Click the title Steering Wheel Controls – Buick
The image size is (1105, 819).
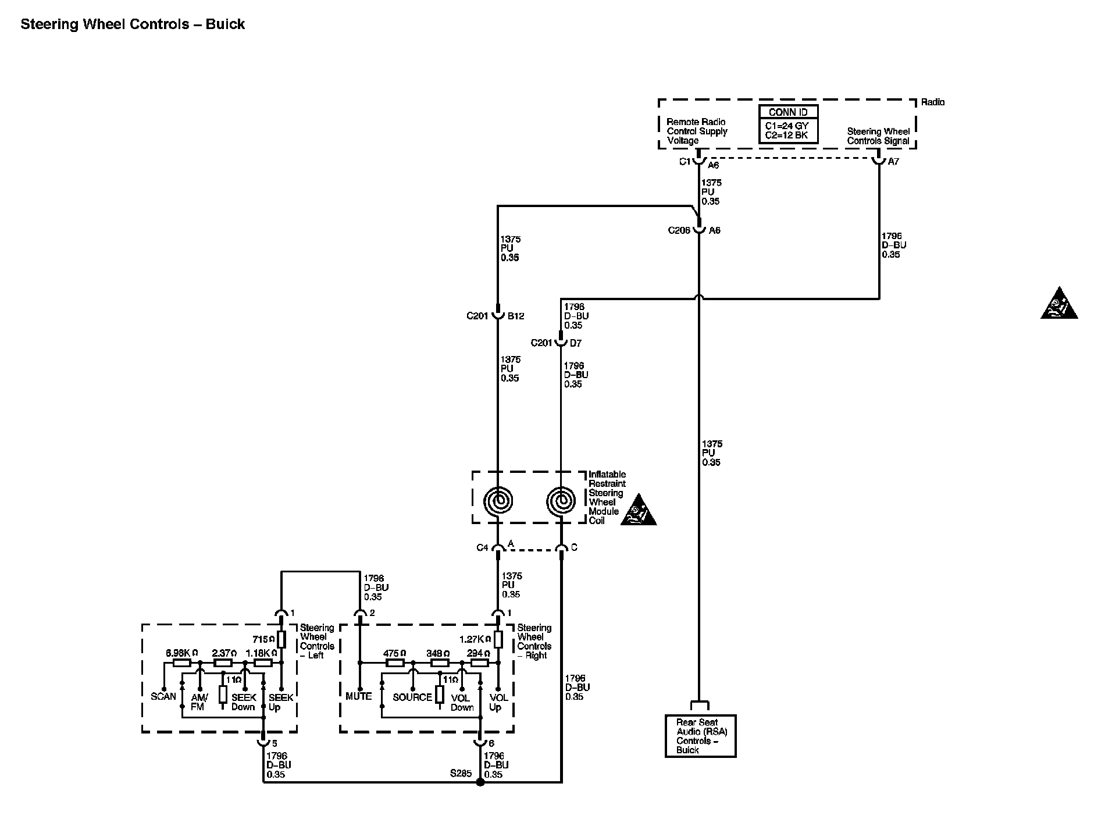pyautogui.click(x=133, y=24)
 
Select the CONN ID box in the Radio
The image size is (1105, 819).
pyautogui.click(x=788, y=124)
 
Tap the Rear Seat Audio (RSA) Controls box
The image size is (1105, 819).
pyautogui.click(x=700, y=736)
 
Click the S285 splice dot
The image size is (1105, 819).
pyautogui.click(x=480, y=782)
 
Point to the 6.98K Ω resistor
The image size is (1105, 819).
pyautogui.click(x=182, y=663)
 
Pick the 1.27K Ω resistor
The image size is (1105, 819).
pyautogui.click(x=498, y=639)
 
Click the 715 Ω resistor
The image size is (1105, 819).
pyautogui.click(x=281, y=639)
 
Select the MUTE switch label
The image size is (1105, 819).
pyautogui.click(x=358, y=696)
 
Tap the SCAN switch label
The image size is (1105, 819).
pyautogui.click(x=163, y=696)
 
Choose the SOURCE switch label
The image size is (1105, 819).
pyautogui.click(x=412, y=697)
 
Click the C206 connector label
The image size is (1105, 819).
pyautogui.click(x=679, y=230)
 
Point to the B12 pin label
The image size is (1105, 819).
pyautogui.click(x=516, y=316)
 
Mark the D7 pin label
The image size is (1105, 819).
pyautogui.click(x=575, y=343)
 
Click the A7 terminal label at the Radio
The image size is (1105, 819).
pyautogui.click(x=893, y=162)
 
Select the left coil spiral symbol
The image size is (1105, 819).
pyautogui.click(x=498, y=500)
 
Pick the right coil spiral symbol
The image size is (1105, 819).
pyautogui.click(x=561, y=500)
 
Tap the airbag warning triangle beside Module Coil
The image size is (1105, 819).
pyautogui.click(x=638, y=512)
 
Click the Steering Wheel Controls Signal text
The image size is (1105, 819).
pyautogui.click(x=878, y=136)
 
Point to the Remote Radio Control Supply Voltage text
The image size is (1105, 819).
pyautogui.click(x=697, y=131)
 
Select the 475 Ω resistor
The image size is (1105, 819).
pyautogui.click(x=395, y=663)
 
